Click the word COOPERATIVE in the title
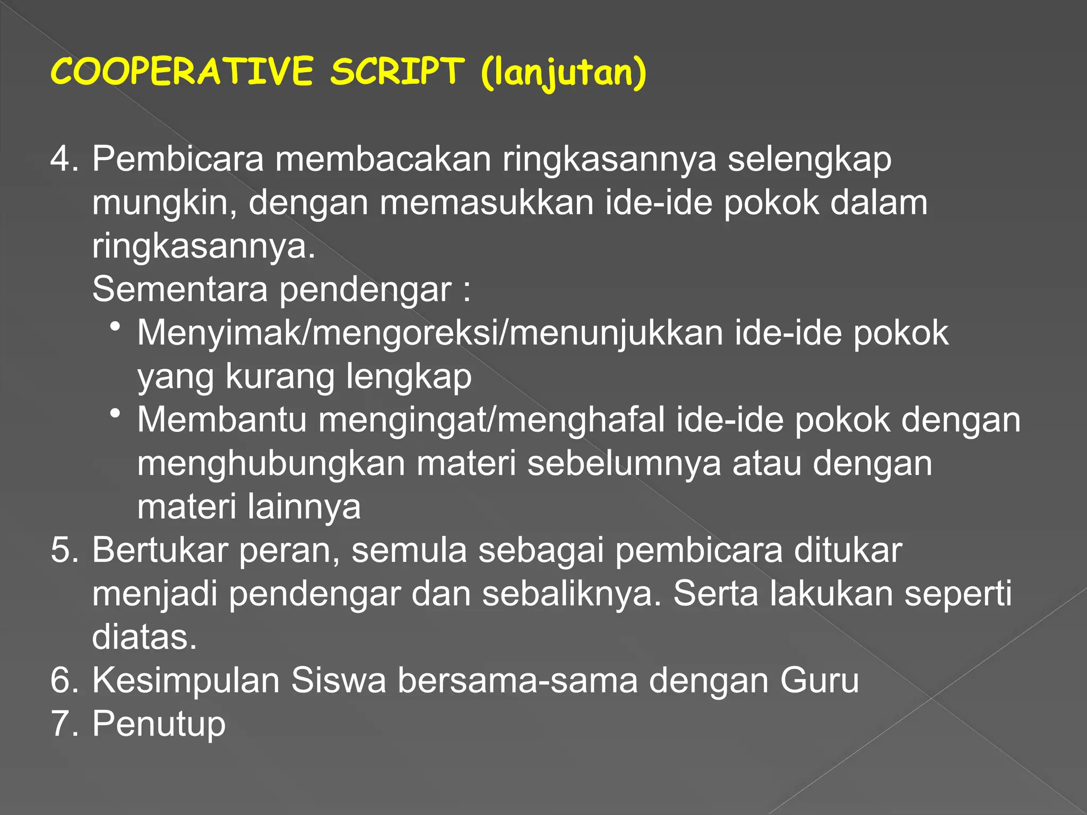point(182,72)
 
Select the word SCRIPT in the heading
point(397,72)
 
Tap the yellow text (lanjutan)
point(564,73)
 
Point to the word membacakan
point(383,159)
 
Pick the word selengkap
point(809,160)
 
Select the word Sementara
point(179,290)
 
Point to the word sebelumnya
point(624,463)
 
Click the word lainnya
point(304,507)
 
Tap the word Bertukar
point(160,550)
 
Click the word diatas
point(144,637)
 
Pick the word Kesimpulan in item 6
point(186,681)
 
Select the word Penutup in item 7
point(159,724)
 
